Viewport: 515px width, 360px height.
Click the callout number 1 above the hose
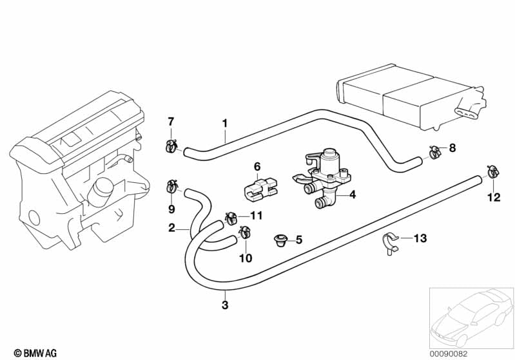pyautogui.click(x=225, y=122)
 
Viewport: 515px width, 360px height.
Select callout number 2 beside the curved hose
pyautogui.click(x=172, y=227)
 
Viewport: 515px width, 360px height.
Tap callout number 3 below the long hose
pyautogui.click(x=224, y=305)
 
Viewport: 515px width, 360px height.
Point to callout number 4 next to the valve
pyautogui.click(x=353, y=194)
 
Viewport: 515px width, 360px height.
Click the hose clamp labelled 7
pyautogui.click(x=171, y=145)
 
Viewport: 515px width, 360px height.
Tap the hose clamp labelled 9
pyautogui.click(x=172, y=187)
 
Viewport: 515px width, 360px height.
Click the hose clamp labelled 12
pyautogui.click(x=492, y=172)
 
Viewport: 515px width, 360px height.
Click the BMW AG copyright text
pyautogui.click(x=31, y=352)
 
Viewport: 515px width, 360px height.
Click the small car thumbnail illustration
pyautogui.click(x=469, y=316)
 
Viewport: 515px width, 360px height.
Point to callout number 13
pyautogui.click(x=420, y=239)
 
